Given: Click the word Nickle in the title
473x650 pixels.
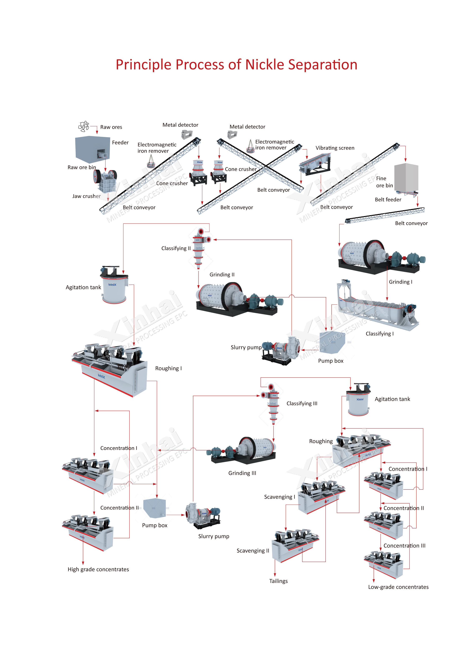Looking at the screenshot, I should point(264,65).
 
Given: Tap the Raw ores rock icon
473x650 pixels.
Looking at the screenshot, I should point(84,126).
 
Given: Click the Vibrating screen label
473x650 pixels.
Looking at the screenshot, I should point(335,148).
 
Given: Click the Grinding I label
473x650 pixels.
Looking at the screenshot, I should point(400,282).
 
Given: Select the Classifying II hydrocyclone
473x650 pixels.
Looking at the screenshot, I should point(199,248).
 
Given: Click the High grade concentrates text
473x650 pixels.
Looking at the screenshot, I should point(98,569).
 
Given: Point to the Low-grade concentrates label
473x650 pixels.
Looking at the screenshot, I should point(398,587).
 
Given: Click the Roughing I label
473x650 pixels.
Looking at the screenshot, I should point(168,368).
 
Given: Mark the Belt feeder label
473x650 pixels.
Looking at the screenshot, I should point(388,200).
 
